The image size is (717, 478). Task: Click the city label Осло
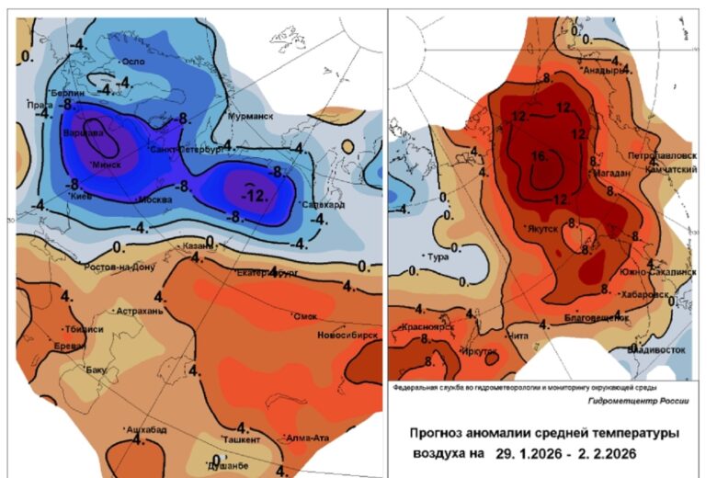(x=135, y=62)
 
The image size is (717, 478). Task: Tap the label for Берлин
(x=68, y=94)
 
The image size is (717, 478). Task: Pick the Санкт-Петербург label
(x=187, y=149)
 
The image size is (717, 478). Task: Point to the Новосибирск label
(x=348, y=336)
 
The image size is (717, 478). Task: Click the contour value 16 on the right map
(x=540, y=157)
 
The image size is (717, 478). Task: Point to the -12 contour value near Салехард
(x=250, y=193)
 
